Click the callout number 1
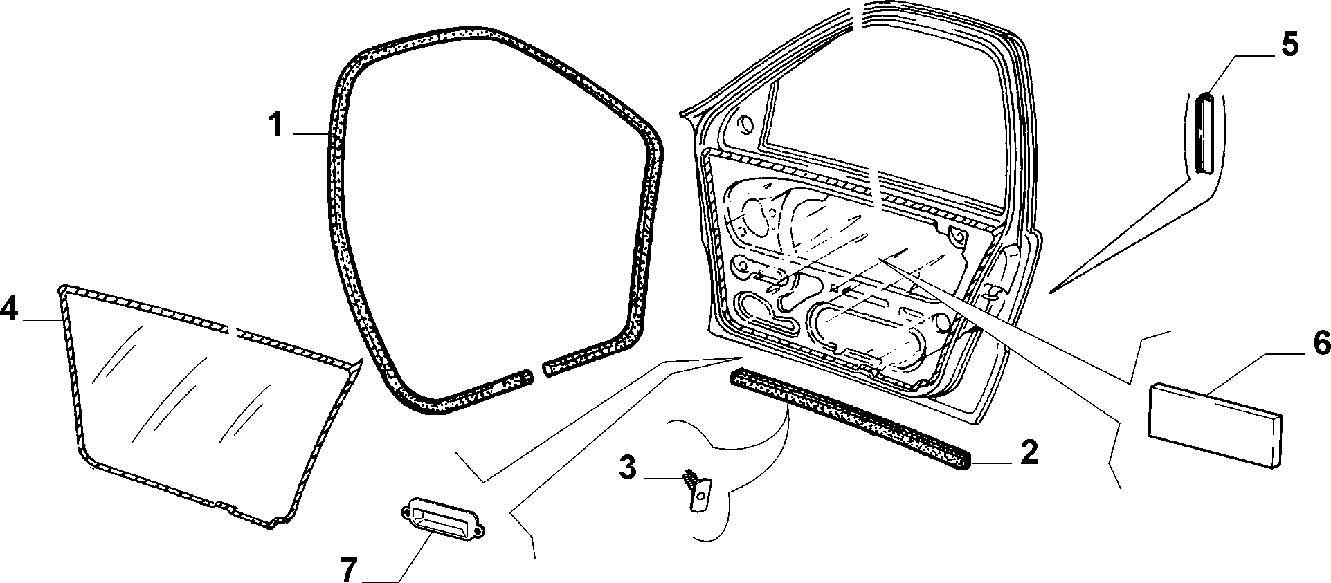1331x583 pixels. pyautogui.click(x=275, y=125)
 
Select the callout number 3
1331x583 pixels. pyautogui.click(x=626, y=468)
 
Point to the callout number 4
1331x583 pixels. pyautogui.click(x=8, y=308)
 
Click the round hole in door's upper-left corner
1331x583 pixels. pyautogui.click(x=746, y=125)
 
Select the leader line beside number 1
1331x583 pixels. pyautogui.click(x=311, y=133)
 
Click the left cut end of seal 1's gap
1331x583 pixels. pyautogui.click(x=530, y=375)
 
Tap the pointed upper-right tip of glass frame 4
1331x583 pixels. pyautogui.click(x=361, y=360)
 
